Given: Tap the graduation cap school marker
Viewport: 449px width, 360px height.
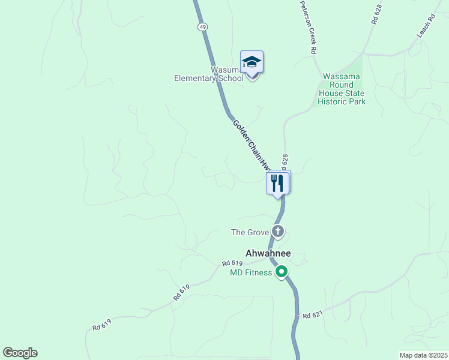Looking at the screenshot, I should (x=252, y=62).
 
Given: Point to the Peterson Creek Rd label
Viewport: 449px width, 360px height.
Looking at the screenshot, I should (x=308, y=28).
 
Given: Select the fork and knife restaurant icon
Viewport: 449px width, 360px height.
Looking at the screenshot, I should (x=277, y=182).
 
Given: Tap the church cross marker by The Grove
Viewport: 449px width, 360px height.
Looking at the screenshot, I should (x=277, y=231).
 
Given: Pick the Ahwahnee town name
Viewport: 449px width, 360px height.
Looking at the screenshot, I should (x=268, y=253).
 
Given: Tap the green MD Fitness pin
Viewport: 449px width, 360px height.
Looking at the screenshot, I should (x=281, y=272).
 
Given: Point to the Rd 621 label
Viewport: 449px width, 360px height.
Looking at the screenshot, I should (x=313, y=316).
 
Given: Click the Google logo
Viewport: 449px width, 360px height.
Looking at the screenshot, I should (x=20, y=353).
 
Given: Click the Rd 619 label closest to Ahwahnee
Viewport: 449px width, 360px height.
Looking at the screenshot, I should (x=232, y=263).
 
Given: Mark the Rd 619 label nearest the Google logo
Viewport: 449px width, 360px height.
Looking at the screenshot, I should (x=101, y=325).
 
